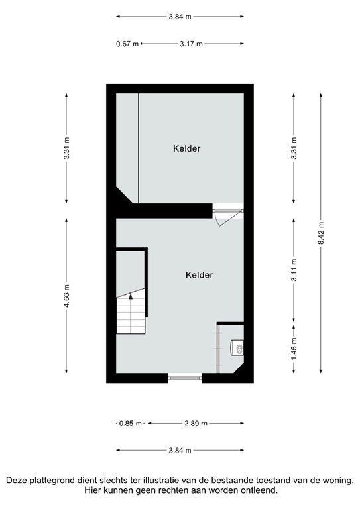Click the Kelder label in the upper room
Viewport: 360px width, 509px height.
coord(187,149)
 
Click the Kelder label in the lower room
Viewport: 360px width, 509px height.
coord(200,275)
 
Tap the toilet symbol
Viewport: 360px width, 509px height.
coord(237,347)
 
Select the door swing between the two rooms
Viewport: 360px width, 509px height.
coord(221,215)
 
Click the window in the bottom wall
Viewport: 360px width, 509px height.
coord(184,378)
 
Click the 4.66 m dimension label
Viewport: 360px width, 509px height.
coord(66,300)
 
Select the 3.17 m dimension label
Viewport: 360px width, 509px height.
coord(191,44)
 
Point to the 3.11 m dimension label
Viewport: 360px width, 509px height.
coord(294,270)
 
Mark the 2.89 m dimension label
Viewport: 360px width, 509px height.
coord(196,423)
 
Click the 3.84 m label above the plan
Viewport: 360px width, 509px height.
coord(180,17)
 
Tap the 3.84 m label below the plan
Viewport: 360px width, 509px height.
coord(180,450)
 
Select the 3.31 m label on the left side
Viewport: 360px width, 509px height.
coord(66,148)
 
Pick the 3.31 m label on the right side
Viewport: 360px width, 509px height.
coord(294,148)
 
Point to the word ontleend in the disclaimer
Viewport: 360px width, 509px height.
coord(257,491)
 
